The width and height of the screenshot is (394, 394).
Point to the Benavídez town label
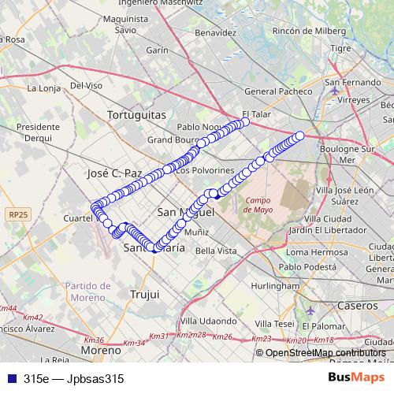(215, 34)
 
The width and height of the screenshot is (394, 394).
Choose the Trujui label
(143, 294)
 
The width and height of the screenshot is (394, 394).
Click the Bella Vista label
(216, 251)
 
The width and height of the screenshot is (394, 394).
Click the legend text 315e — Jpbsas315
(74, 378)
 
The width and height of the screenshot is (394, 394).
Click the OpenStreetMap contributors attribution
(325, 353)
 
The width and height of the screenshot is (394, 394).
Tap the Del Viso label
(86, 85)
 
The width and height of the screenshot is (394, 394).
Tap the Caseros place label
(357, 304)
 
